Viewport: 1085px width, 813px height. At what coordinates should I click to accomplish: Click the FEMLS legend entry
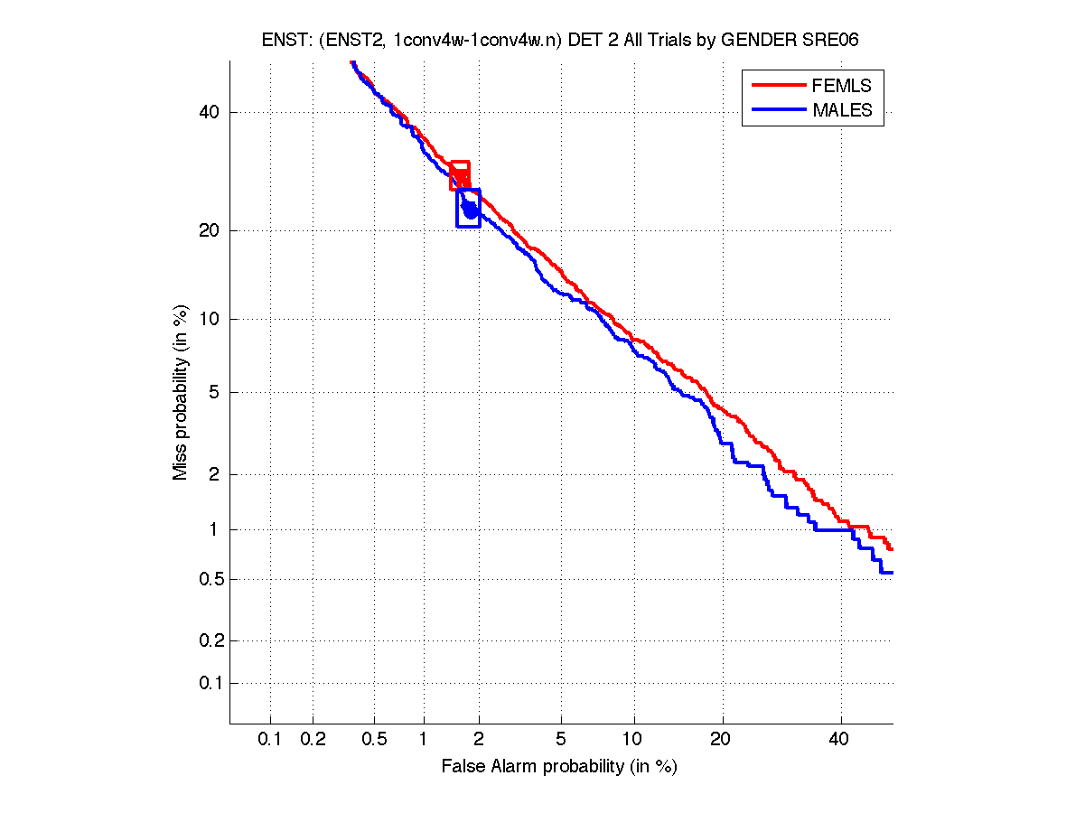pos(841,86)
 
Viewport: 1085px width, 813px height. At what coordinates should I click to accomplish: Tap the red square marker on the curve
pos(460,175)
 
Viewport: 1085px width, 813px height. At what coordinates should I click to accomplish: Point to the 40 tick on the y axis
pos(210,112)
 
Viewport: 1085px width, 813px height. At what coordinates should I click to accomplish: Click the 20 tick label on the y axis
pos(210,230)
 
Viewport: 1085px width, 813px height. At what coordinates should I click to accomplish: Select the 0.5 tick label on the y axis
pos(206,579)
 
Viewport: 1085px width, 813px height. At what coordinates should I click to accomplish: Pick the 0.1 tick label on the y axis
pos(206,683)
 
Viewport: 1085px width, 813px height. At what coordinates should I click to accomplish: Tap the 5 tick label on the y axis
pos(215,392)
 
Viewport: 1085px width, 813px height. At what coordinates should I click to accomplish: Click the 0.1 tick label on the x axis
pos(270,740)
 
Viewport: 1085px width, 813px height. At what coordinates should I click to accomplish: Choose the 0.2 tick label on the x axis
pos(313,740)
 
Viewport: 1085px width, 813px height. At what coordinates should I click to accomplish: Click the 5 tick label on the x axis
pos(561,740)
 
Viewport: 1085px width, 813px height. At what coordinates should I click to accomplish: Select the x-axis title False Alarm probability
pos(559,767)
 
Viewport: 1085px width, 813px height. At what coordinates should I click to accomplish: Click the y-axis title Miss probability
pos(181,392)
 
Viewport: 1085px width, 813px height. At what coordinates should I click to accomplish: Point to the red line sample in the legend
pos(777,86)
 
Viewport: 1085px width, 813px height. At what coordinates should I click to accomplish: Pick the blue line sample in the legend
pos(777,110)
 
